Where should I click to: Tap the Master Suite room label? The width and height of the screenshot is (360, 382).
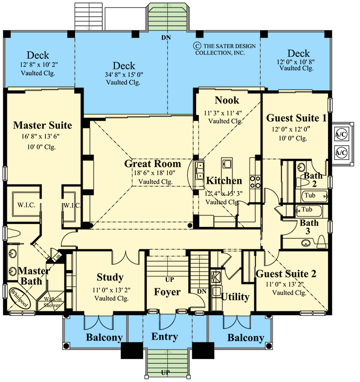[43, 126]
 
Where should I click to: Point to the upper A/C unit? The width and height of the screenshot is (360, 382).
[341, 134]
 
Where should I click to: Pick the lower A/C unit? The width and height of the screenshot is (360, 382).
[341, 152]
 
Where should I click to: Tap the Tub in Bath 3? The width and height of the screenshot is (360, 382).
[306, 210]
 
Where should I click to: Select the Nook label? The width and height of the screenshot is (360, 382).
[227, 100]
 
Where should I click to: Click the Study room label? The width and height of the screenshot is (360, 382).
[110, 277]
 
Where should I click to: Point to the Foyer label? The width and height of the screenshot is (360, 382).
[167, 292]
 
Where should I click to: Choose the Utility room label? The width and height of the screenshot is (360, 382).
[235, 297]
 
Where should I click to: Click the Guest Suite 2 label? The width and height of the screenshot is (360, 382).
[286, 274]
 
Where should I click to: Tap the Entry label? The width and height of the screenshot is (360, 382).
[164, 337]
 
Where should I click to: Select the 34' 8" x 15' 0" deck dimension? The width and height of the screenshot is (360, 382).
[124, 75]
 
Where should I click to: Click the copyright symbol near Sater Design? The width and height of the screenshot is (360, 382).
[196, 46]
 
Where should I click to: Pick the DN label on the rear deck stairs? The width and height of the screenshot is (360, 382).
[165, 37]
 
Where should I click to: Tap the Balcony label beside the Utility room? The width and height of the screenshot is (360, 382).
[245, 338]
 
